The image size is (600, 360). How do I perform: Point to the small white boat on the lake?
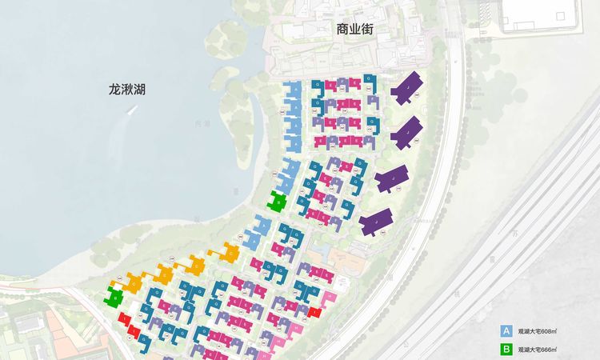pos(130,111)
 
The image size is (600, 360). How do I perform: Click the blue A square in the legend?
pos(506,330)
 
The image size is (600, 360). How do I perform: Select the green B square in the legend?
pos(506,350)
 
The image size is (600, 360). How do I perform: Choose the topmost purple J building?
pos(407,87)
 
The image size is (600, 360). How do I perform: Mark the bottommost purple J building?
pos(375,222)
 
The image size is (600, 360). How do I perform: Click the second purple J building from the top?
pos(406,132)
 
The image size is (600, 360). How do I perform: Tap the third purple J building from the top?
pos(391,179)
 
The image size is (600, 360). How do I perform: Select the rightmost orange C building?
pos(226,254)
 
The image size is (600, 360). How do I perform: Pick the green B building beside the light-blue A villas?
pos(278,201)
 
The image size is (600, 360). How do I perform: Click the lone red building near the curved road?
pos(315,313)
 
